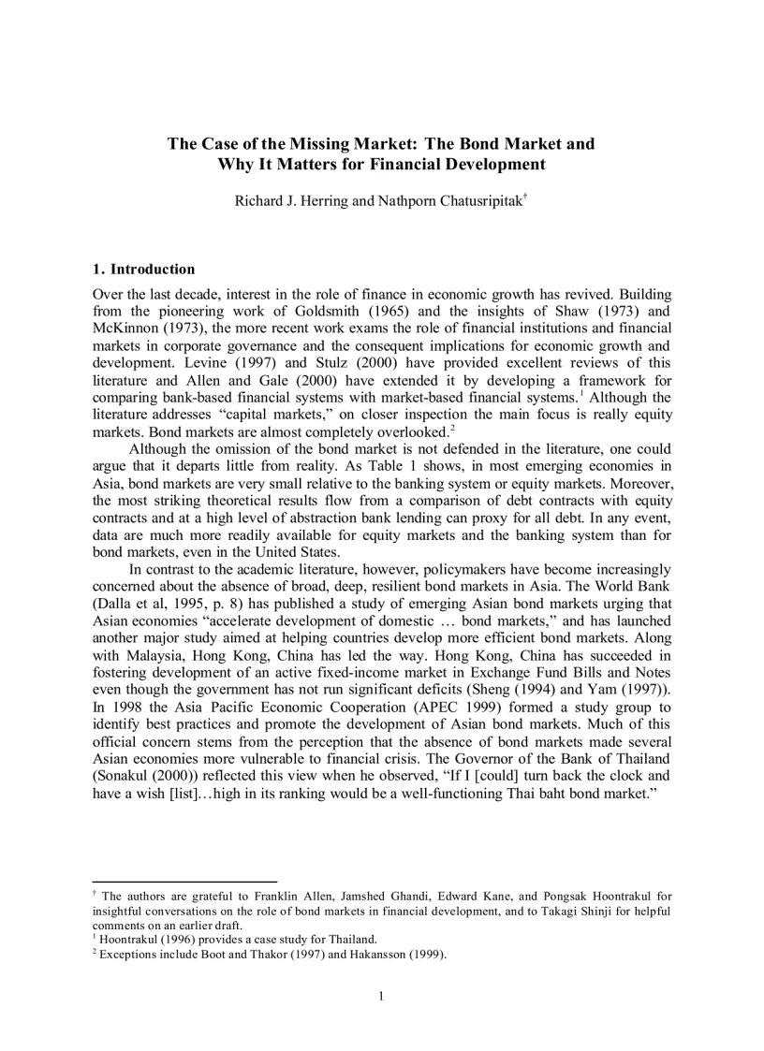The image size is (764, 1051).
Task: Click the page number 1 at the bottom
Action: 382,996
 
